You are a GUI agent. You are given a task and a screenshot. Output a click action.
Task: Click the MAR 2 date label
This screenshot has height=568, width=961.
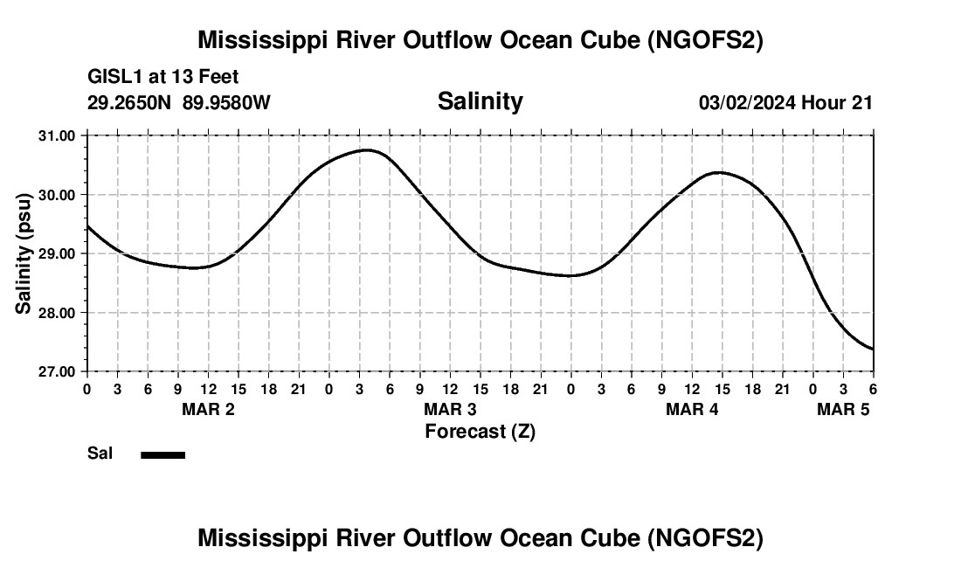click(208, 409)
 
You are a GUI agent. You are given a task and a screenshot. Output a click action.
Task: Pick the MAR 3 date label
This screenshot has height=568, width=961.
click(450, 409)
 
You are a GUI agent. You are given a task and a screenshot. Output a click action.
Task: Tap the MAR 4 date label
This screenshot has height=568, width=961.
click(692, 409)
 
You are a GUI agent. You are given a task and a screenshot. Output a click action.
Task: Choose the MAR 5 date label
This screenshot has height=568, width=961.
click(843, 409)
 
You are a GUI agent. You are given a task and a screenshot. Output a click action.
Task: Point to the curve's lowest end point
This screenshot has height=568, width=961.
click(873, 350)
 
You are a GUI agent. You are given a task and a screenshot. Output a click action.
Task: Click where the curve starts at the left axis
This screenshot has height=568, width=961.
click(87, 226)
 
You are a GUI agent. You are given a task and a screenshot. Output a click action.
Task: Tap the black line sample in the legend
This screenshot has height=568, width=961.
click(162, 454)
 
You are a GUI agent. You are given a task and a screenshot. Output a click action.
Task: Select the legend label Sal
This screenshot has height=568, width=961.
click(100, 454)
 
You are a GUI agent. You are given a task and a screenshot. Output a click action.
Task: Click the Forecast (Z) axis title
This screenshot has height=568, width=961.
click(480, 431)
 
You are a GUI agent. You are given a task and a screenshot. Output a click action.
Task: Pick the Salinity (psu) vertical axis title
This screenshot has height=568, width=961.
click(24, 253)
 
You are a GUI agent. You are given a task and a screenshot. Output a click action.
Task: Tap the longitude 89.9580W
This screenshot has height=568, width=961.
click(226, 102)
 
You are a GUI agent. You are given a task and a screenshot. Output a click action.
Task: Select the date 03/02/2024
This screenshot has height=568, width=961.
click(747, 102)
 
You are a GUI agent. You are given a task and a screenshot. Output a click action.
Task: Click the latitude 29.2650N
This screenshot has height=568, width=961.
click(130, 102)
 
